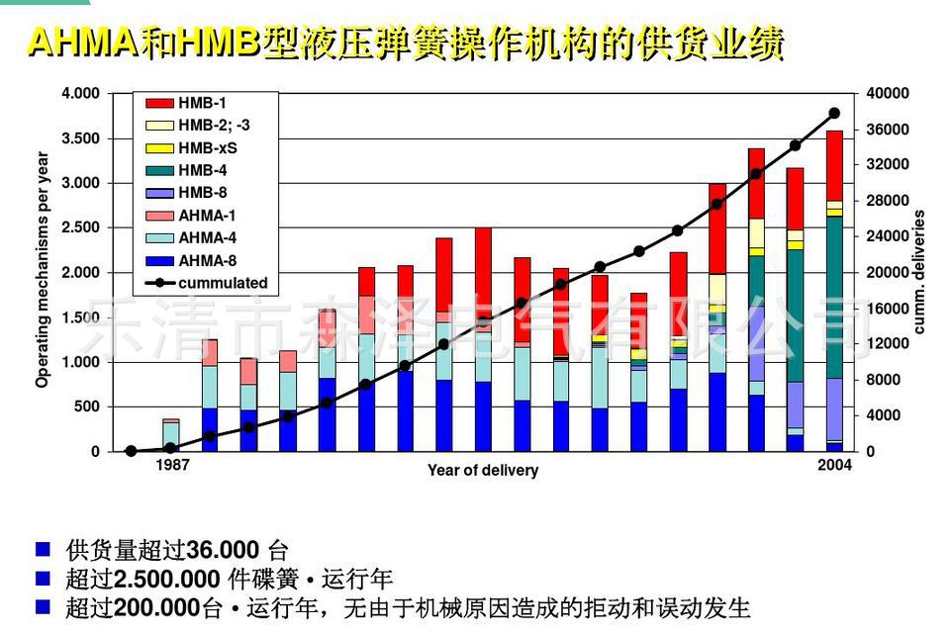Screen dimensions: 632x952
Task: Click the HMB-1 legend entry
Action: click(202, 103)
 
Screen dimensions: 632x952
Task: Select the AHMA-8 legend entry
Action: click(207, 260)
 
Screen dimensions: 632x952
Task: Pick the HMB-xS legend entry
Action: click(207, 148)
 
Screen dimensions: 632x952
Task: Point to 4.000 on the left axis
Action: click(81, 94)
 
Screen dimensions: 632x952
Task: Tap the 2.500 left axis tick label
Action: click(81, 228)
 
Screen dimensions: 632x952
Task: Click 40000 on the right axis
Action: click(888, 94)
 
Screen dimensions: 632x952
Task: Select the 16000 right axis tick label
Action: click(888, 309)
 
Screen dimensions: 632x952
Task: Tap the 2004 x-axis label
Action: click(834, 466)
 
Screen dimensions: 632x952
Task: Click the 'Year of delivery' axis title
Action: click(483, 471)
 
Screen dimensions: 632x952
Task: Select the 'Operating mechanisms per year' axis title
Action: click(43, 269)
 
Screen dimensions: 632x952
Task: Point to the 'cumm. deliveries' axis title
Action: click(919, 272)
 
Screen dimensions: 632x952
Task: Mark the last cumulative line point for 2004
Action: click(834, 114)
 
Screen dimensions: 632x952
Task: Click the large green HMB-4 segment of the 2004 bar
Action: click(834, 297)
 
